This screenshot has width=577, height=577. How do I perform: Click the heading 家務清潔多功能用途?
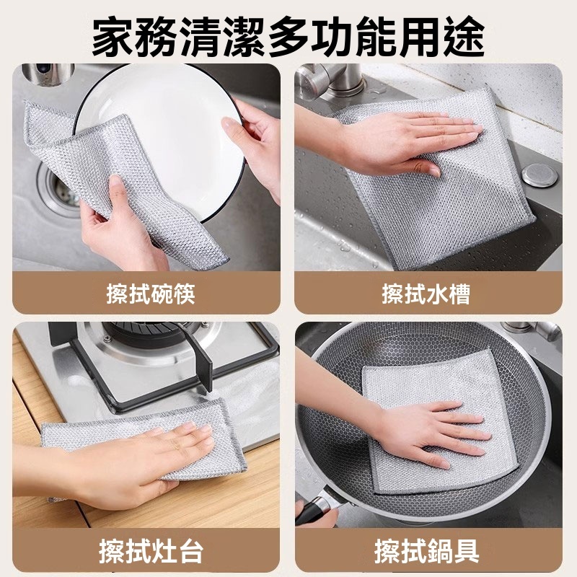[288, 38]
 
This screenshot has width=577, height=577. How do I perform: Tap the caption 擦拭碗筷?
[151, 294]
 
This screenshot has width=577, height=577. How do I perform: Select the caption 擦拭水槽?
[426, 294]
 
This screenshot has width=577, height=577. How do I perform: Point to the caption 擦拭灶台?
[151, 551]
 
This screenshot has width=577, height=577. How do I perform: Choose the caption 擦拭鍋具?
[426, 551]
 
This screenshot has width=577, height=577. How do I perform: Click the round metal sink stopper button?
[539, 175]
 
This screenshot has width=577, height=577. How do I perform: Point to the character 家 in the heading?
[113, 38]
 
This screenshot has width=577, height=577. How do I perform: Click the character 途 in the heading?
[464, 38]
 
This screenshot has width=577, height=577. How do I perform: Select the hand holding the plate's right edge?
[254, 144]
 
